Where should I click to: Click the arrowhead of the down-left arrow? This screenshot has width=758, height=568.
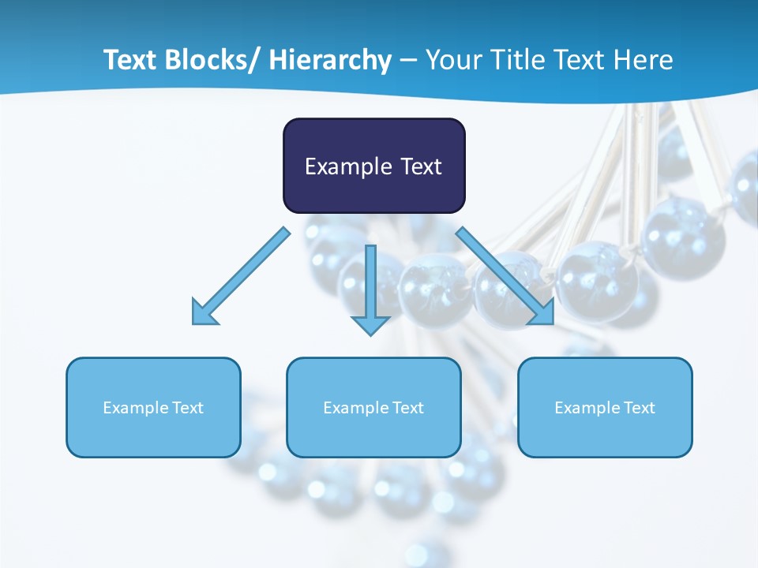pyautogui.click(x=204, y=312)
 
